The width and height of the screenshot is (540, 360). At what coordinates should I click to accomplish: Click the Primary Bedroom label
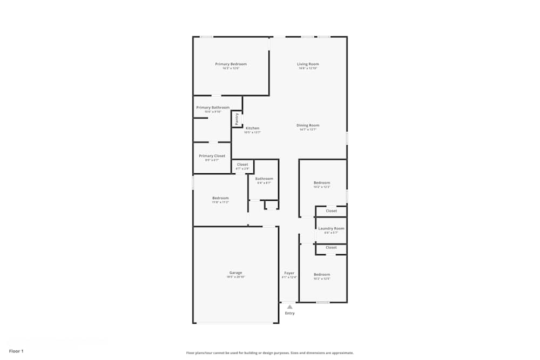[231, 64]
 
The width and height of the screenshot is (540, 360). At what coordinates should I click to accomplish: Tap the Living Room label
[308, 64]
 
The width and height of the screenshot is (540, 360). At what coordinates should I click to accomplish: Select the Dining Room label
[308, 125]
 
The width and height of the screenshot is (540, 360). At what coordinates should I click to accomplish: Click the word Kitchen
[252, 128]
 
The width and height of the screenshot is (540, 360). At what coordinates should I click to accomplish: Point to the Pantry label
[237, 118]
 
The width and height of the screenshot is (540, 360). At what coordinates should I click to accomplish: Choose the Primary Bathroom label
[213, 107]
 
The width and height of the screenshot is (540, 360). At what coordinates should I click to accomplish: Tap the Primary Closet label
[212, 156]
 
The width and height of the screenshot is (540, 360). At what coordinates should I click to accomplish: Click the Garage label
[235, 273]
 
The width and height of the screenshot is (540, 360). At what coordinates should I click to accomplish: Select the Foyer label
[289, 273]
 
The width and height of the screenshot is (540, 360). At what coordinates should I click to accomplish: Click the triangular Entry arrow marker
[289, 307]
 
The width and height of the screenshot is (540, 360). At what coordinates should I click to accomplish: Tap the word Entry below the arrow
[290, 313]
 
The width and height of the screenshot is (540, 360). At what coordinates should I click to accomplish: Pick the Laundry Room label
[331, 228]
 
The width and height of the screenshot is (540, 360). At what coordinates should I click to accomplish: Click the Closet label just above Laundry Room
[331, 211]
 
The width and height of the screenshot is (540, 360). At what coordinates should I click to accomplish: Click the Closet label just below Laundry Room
[331, 247]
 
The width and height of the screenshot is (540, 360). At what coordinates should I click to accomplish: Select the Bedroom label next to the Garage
[220, 198]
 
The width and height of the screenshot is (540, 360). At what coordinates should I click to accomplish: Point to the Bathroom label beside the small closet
[264, 179]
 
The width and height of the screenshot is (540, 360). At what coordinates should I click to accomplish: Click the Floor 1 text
[16, 351]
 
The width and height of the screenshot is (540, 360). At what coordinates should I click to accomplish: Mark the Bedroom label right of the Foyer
[322, 274]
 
